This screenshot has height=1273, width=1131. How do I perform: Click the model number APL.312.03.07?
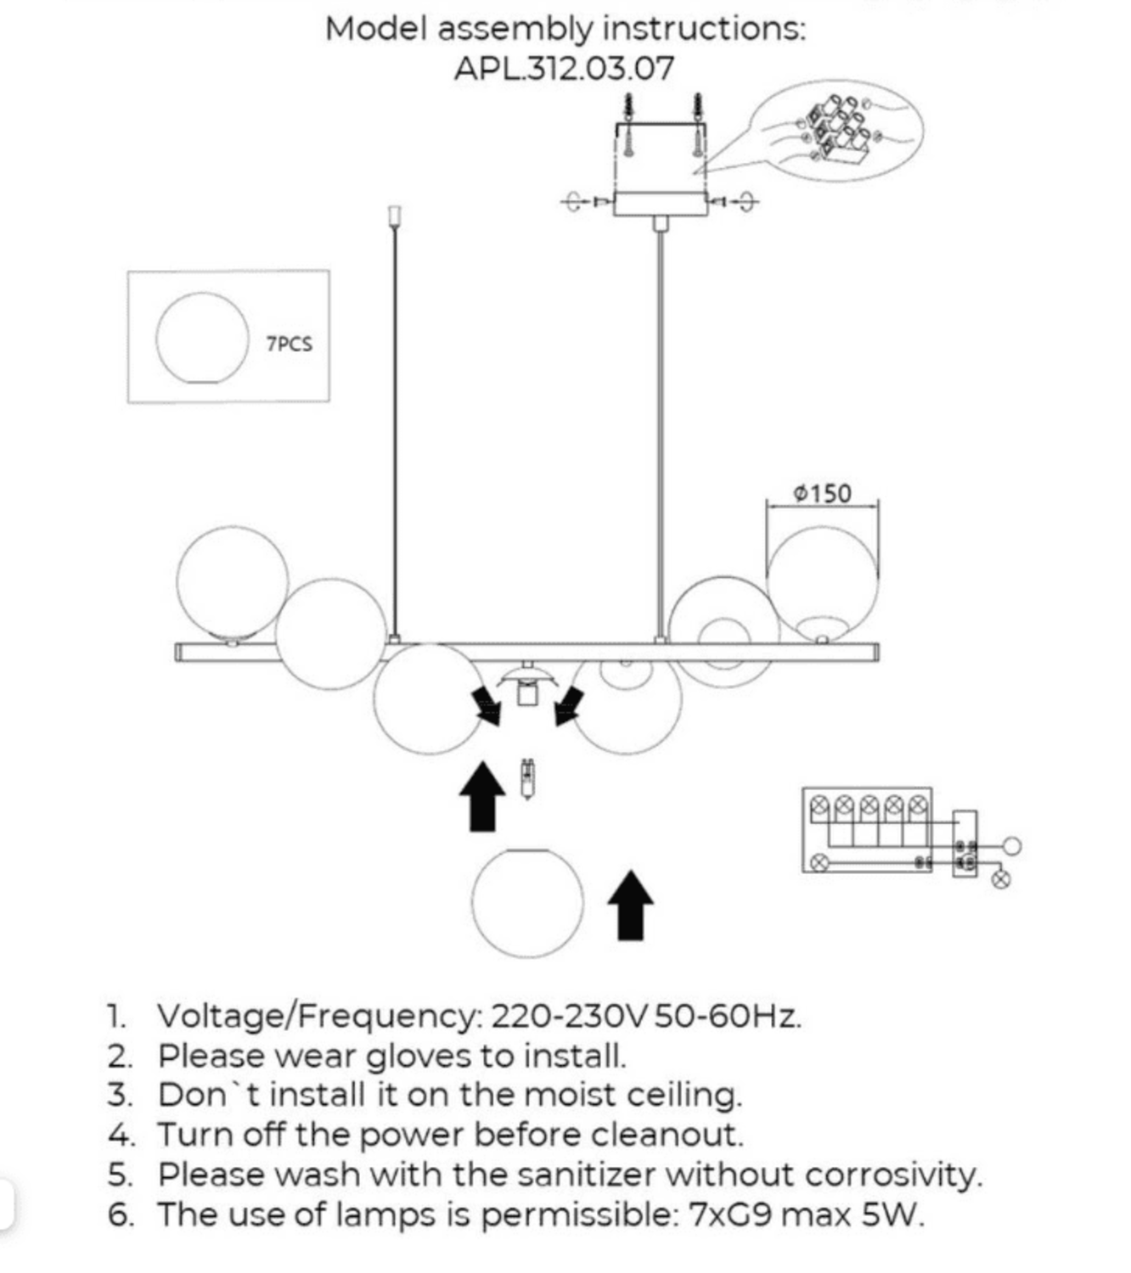pos(564,68)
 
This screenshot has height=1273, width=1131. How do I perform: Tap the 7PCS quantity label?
pos(289,344)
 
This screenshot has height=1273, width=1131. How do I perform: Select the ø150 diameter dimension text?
pos(822,493)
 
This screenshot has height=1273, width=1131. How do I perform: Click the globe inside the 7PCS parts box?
pos(202,338)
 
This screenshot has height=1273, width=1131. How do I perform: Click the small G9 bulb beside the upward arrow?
pos(527,778)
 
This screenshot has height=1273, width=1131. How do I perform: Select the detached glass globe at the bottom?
pos(527,903)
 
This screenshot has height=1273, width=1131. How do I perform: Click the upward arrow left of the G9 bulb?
pos(481,795)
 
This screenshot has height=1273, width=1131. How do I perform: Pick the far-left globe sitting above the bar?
pos(232,582)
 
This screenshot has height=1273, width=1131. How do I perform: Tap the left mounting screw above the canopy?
pos(629,125)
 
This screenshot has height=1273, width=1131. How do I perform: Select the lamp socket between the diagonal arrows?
pos(527,688)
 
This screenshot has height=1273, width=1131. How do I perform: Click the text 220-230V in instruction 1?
pos(569,1016)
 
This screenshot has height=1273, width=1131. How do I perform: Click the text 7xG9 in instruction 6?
pos(729,1215)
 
